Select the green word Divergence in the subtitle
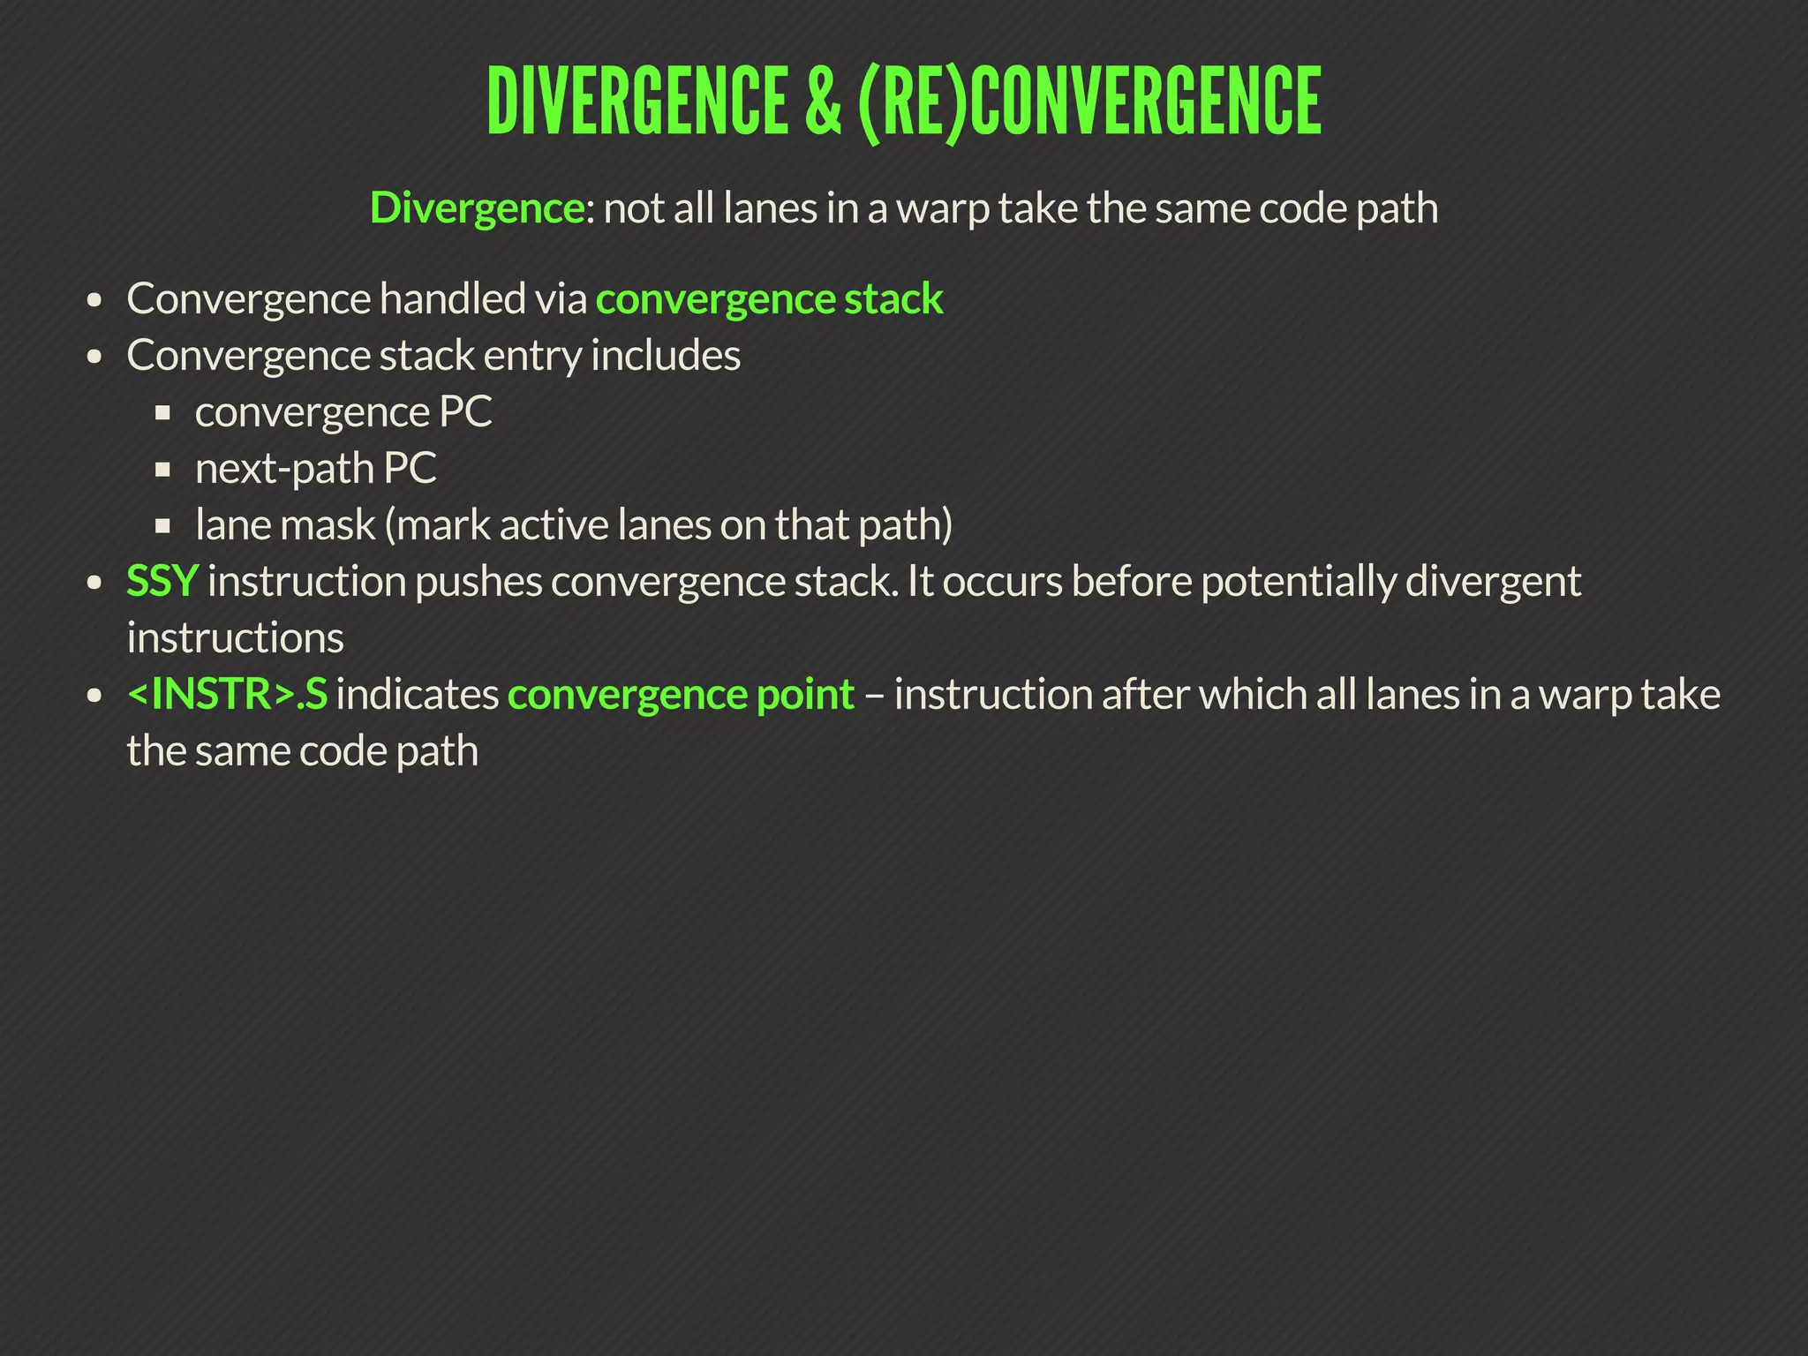point(476,208)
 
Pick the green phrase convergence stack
point(769,299)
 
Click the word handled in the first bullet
point(453,299)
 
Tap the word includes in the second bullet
point(665,356)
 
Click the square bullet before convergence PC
point(162,413)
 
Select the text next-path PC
point(315,469)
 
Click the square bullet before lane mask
point(162,526)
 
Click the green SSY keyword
point(162,582)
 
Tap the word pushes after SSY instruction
point(478,582)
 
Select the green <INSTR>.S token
point(227,695)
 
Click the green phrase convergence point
point(681,695)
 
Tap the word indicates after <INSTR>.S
point(418,695)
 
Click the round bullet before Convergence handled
point(95,301)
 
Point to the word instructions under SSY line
point(235,638)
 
